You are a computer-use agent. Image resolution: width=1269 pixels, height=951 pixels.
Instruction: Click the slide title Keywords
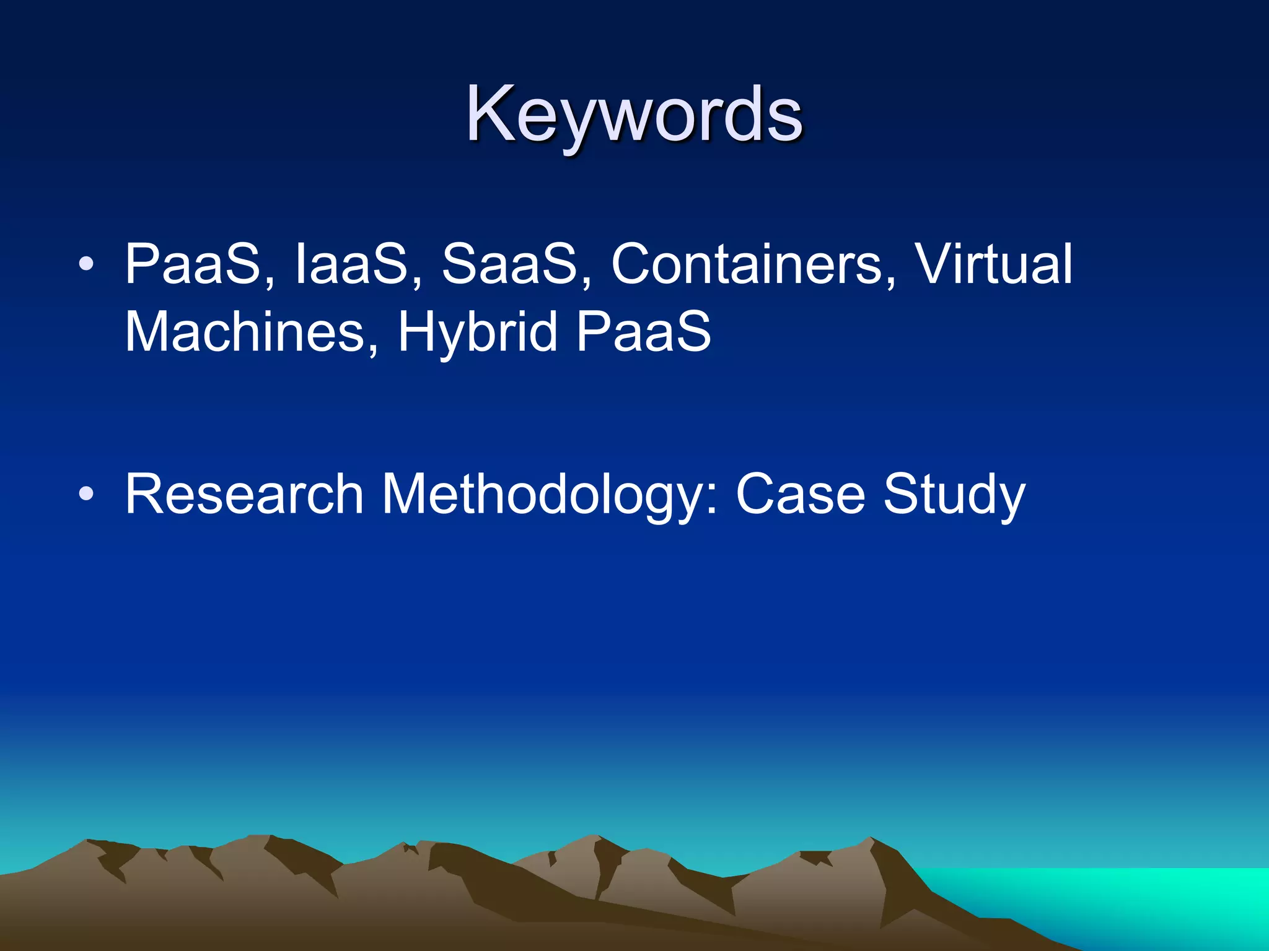click(x=634, y=115)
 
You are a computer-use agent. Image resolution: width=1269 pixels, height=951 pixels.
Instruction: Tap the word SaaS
click(x=509, y=264)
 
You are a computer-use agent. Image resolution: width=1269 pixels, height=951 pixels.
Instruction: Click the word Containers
click(x=746, y=264)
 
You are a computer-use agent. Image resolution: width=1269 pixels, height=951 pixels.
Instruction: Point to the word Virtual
click(x=993, y=264)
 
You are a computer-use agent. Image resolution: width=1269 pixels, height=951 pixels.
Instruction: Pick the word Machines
click(x=245, y=332)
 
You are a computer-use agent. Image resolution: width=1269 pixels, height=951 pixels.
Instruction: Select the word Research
click(x=244, y=494)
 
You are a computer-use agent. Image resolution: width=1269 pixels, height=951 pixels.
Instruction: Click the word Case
click(x=800, y=494)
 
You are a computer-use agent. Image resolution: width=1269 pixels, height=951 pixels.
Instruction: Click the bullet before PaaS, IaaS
click(x=86, y=264)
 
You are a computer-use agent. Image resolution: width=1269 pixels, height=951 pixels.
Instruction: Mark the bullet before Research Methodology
click(x=86, y=494)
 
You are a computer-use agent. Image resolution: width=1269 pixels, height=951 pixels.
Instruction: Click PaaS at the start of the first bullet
click(x=192, y=264)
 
